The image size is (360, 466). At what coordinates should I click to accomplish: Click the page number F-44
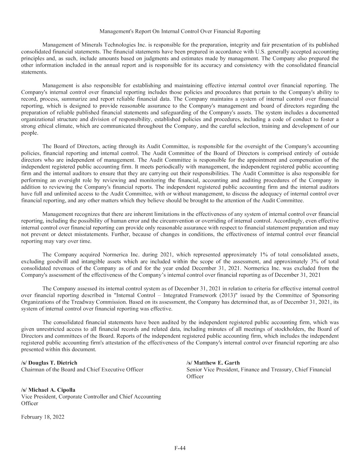click(x=180, y=448)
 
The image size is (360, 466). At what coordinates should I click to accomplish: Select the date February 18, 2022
click(x=43, y=417)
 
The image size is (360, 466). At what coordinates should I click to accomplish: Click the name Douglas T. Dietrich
click(x=53, y=363)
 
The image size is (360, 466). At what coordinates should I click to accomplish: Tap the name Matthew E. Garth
click(x=217, y=363)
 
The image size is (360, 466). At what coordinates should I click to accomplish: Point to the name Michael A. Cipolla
click(x=52, y=390)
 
